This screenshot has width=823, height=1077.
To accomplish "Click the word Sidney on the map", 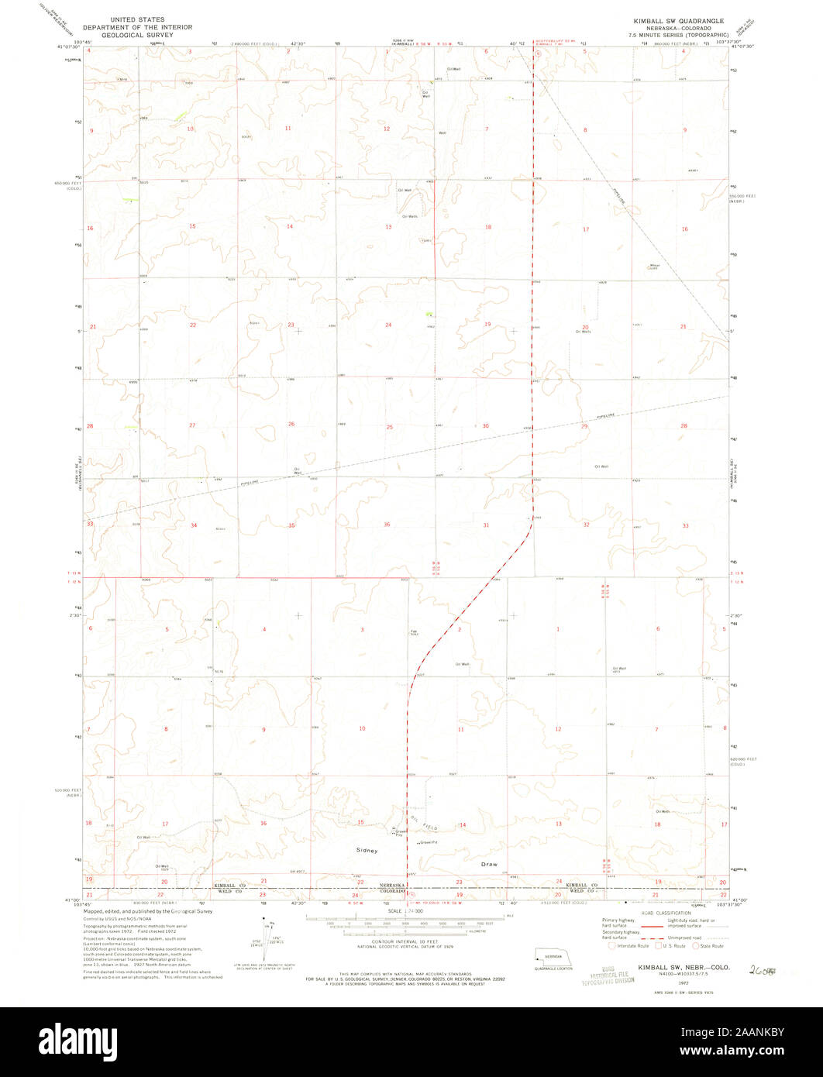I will [367, 851].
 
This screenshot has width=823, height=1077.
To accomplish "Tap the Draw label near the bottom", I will [488, 864].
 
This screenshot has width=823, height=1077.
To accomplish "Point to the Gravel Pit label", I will [429, 842].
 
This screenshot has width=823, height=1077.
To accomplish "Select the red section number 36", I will [387, 525].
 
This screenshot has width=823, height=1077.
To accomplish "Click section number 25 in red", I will [390, 427].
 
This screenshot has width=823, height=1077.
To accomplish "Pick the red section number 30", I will [486, 426].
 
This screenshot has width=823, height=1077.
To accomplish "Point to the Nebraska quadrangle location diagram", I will [554, 955].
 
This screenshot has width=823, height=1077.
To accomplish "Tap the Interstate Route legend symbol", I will [612, 945].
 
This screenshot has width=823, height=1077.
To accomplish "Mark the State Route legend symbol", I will [695, 945].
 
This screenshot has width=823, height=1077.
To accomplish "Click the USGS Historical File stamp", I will [608, 974].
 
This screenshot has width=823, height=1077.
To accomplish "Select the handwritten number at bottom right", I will [762, 969].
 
